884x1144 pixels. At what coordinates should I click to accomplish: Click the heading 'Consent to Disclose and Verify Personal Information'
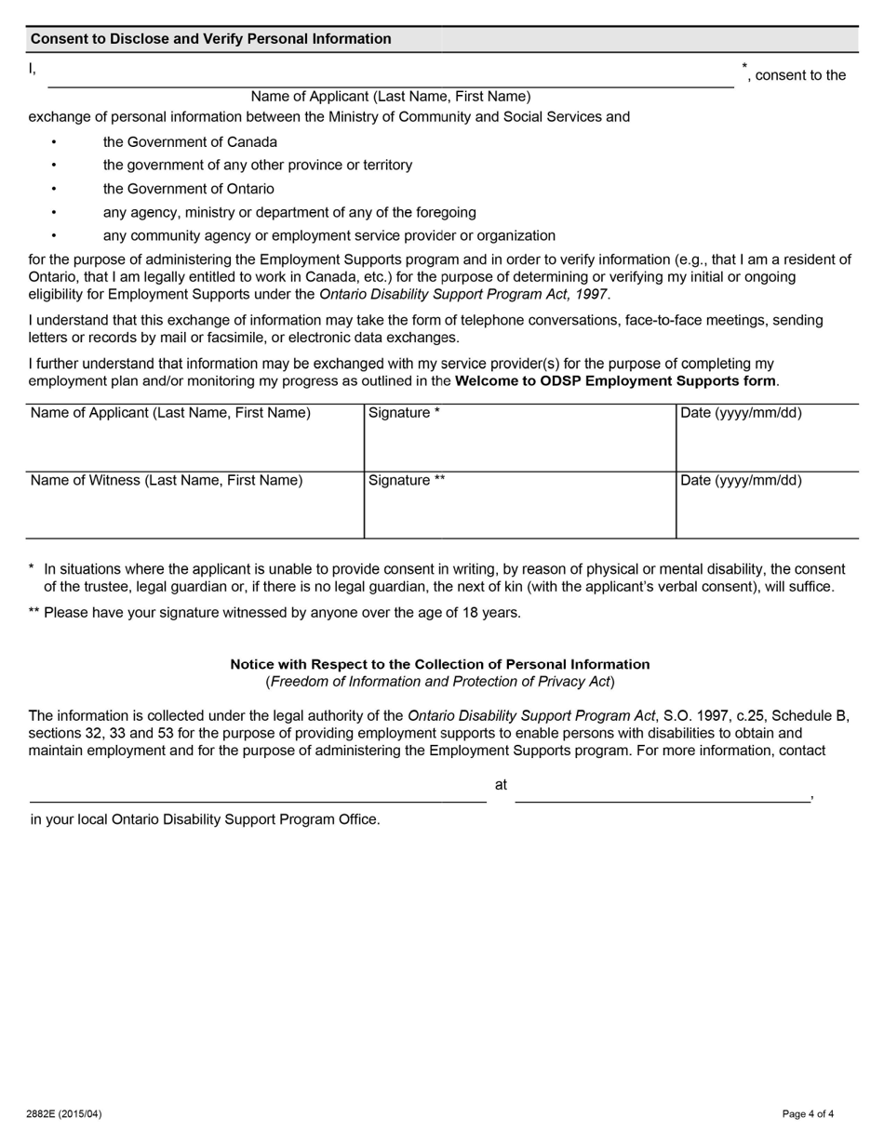pyautogui.click(x=211, y=39)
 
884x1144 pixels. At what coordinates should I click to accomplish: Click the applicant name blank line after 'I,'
pyautogui.click(x=391, y=76)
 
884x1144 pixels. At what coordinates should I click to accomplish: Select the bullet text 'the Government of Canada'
pyautogui.click(x=190, y=142)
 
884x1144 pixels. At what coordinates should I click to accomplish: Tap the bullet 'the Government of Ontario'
pyautogui.click(x=189, y=189)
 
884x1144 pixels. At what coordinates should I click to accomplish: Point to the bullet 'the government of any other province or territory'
pyautogui.click(x=258, y=166)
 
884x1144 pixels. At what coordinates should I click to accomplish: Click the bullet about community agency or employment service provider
pyautogui.click(x=329, y=236)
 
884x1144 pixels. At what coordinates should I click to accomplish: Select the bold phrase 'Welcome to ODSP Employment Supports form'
pyautogui.click(x=615, y=381)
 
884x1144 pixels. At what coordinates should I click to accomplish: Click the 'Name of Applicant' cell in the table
pyautogui.click(x=194, y=438)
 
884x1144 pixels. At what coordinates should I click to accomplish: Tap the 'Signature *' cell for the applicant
pyautogui.click(x=519, y=438)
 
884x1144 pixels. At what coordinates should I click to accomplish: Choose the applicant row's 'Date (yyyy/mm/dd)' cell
pyautogui.click(x=767, y=438)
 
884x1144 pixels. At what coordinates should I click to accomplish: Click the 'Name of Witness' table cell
pyautogui.click(x=194, y=505)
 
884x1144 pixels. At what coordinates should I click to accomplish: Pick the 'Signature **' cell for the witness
pyautogui.click(x=519, y=505)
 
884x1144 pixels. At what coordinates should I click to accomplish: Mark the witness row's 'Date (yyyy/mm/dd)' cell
pyautogui.click(x=767, y=505)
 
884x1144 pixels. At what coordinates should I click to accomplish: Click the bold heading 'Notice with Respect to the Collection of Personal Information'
pyautogui.click(x=440, y=665)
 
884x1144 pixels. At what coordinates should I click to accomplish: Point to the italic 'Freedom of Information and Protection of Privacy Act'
pyautogui.click(x=440, y=682)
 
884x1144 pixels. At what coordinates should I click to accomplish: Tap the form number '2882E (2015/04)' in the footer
pyautogui.click(x=64, y=1114)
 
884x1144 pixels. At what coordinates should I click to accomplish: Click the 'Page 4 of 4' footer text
pyautogui.click(x=808, y=1114)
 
